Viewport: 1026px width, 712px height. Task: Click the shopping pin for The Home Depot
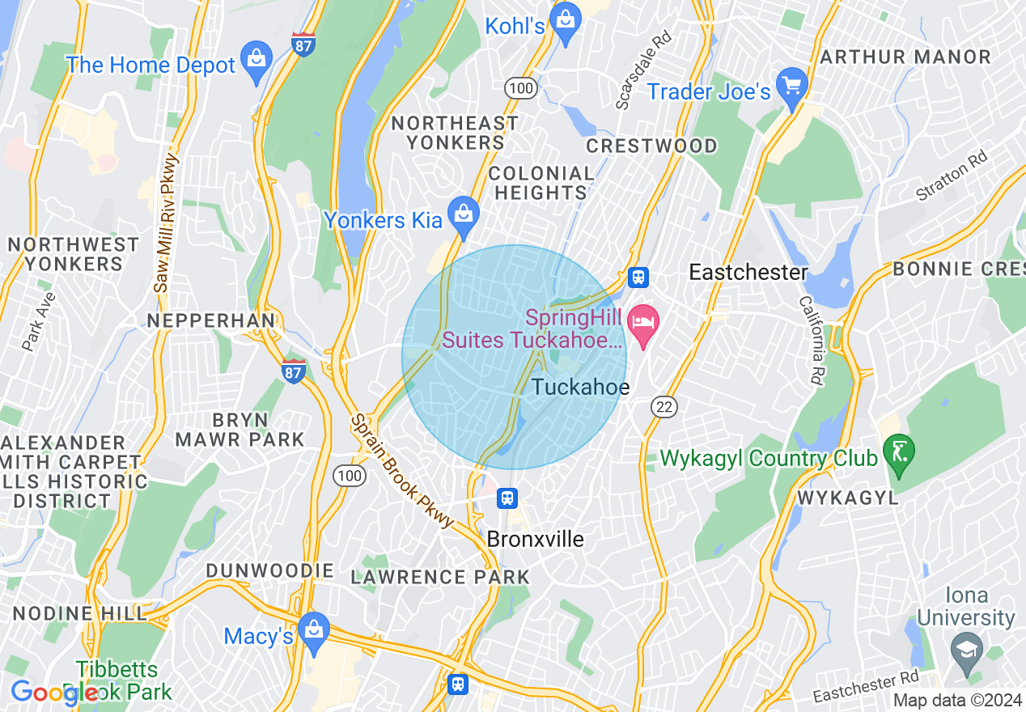point(256,61)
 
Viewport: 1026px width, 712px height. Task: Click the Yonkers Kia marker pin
point(464,215)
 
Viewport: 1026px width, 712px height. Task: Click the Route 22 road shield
point(664,407)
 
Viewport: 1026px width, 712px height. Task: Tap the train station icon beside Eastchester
point(638,278)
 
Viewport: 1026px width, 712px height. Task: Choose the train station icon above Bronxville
point(507,498)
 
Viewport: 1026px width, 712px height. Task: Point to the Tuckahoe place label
point(580,388)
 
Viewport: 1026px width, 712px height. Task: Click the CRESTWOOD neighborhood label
point(651,146)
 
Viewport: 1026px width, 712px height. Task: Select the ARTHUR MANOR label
point(905,57)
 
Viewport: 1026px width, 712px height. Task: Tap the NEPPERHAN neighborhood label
point(210,320)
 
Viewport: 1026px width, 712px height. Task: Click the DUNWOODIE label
point(269,570)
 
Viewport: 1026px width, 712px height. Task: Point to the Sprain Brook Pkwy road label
point(401,471)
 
